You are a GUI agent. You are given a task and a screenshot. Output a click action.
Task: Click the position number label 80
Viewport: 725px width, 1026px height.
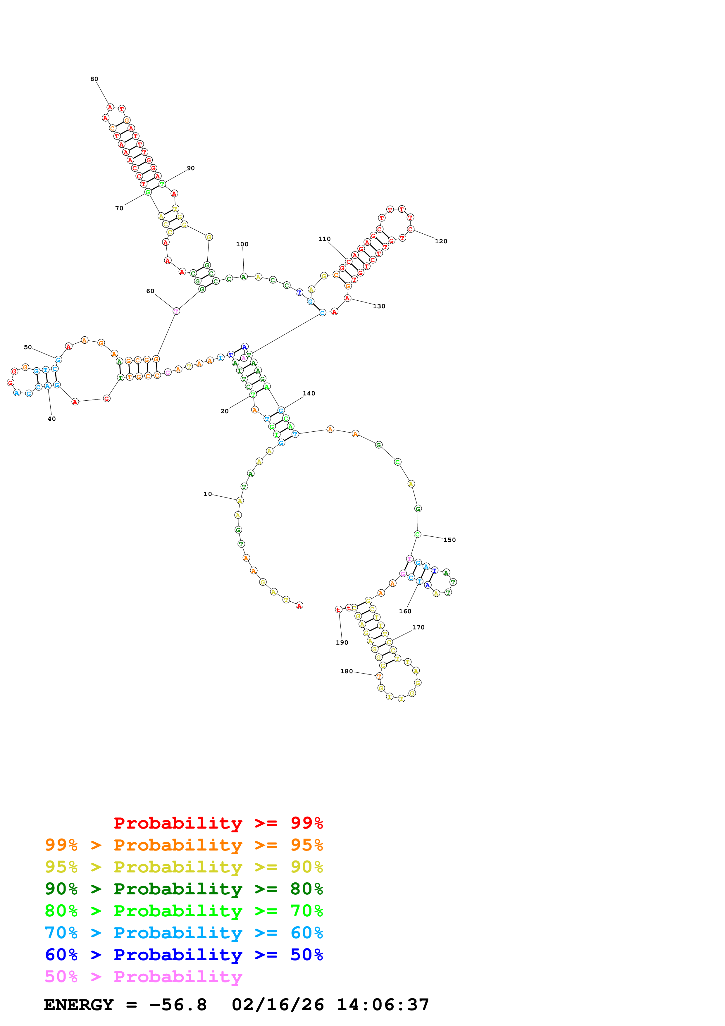point(94,79)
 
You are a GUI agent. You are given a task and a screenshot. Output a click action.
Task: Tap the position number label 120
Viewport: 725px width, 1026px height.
point(441,241)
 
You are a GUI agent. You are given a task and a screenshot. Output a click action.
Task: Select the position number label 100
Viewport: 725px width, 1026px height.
point(242,244)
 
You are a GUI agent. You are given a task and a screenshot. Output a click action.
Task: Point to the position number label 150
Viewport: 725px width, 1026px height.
point(450,540)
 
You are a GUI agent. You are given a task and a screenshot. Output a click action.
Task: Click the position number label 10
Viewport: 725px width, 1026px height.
point(208,494)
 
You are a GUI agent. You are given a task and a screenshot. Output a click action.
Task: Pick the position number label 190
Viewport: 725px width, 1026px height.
point(342,643)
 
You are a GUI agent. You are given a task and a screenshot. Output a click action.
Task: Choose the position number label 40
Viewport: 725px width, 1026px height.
point(52,419)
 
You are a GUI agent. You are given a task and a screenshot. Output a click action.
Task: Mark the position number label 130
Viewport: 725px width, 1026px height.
point(379,306)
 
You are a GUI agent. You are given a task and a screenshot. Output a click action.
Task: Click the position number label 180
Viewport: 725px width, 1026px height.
point(347,671)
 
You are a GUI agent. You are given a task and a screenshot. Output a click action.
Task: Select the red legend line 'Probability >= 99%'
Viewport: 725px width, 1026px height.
point(218,823)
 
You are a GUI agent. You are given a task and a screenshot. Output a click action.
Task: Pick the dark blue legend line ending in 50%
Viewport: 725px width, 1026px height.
point(184,955)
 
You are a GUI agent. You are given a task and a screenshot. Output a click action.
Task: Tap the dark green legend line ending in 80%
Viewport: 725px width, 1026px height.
point(184,889)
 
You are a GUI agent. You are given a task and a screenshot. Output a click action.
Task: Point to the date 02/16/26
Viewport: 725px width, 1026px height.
point(278,1005)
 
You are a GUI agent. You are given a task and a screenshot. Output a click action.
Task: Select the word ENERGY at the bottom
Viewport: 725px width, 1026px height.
point(79,1005)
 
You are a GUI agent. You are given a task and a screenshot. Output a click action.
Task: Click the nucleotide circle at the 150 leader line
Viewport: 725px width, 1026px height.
point(417,534)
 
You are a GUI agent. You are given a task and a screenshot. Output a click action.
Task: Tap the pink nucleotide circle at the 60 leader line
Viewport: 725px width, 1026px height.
point(176,311)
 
